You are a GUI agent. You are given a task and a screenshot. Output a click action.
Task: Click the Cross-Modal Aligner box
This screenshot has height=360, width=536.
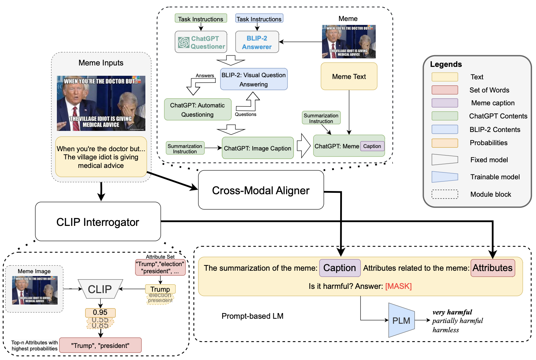(x=261, y=190)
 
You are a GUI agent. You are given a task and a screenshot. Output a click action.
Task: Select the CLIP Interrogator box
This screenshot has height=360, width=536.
(x=98, y=222)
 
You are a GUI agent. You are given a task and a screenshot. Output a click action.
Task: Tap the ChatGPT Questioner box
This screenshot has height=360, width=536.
(x=200, y=42)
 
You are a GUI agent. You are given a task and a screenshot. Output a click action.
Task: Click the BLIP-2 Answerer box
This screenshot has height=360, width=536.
(x=257, y=42)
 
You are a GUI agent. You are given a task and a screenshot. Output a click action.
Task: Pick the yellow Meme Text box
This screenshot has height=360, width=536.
(x=349, y=76)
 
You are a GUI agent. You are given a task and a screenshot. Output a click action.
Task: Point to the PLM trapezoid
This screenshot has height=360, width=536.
(x=401, y=321)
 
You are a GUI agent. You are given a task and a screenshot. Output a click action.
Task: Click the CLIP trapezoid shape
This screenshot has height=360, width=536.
(x=100, y=289)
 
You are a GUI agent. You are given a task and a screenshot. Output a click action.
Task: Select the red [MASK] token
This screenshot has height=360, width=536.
(x=398, y=286)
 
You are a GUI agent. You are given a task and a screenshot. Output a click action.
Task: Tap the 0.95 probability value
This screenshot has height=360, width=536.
(x=100, y=312)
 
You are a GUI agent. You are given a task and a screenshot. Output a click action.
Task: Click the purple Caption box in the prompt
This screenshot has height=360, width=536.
(x=340, y=268)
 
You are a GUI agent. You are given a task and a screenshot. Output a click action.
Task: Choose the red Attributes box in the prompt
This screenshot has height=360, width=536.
(x=493, y=268)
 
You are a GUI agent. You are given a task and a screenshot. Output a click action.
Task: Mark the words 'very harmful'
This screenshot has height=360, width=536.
(x=452, y=312)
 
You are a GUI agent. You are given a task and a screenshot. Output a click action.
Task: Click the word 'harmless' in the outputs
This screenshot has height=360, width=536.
(x=446, y=330)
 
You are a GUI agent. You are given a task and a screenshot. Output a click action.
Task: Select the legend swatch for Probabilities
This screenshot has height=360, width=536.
(x=445, y=143)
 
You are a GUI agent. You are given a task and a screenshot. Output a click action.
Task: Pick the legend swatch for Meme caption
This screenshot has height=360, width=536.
(x=445, y=103)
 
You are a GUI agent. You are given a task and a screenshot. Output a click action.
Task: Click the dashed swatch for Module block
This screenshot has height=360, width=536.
(x=445, y=194)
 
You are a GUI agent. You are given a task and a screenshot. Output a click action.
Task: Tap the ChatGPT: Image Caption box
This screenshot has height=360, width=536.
(x=258, y=148)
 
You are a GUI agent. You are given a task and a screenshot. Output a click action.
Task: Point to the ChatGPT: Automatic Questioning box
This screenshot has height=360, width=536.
(x=198, y=110)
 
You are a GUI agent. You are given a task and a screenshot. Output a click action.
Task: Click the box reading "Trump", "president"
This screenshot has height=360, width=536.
(x=100, y=345)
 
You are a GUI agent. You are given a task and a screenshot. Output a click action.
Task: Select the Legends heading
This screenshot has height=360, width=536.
(x=446, y=64)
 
